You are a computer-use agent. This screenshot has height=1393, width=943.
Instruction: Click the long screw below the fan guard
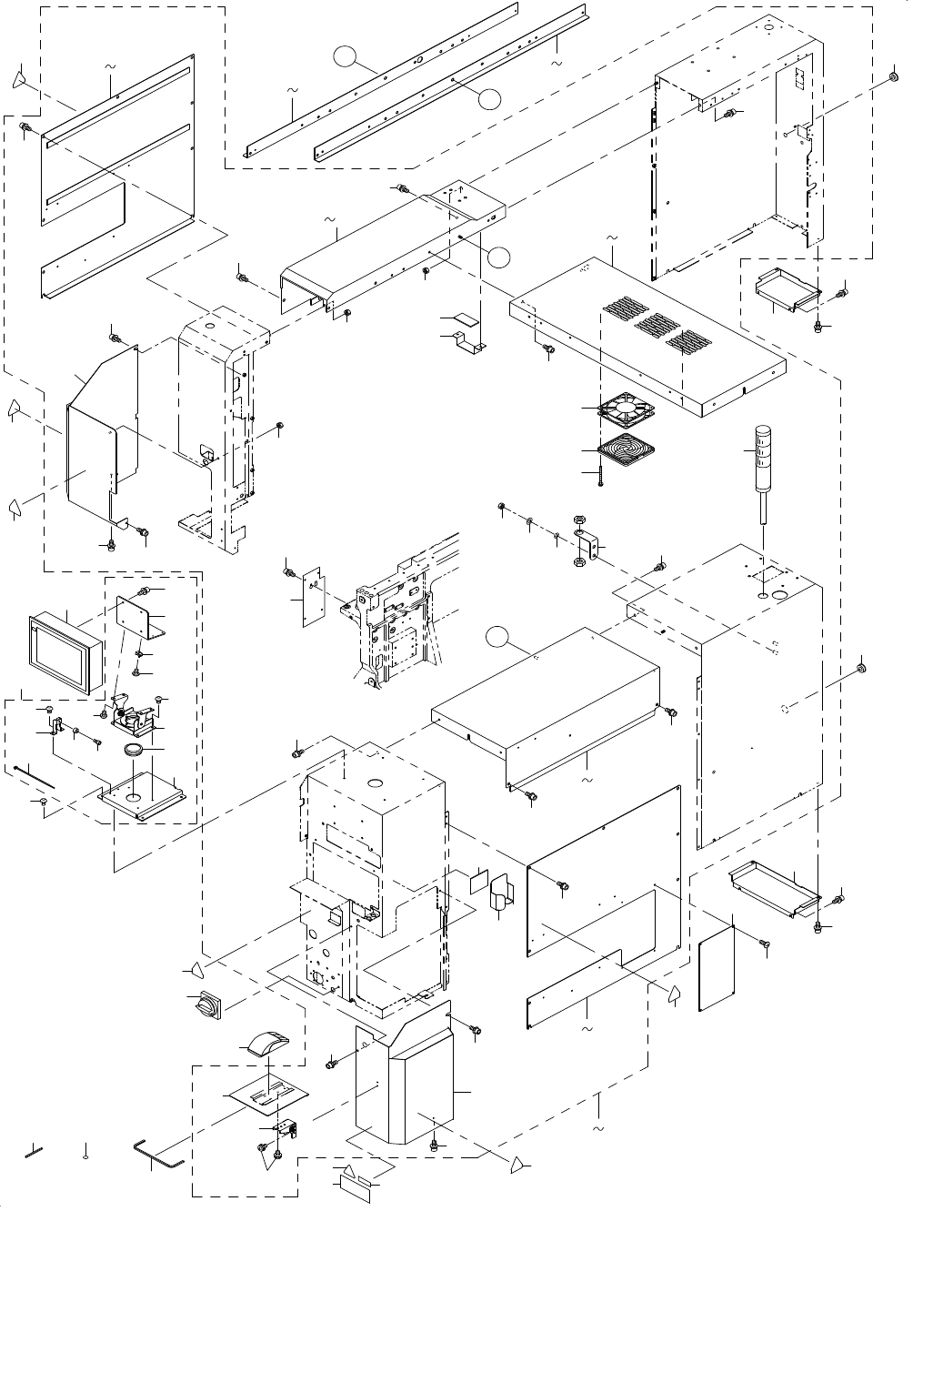602,476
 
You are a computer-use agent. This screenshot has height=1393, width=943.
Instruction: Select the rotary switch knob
204,1005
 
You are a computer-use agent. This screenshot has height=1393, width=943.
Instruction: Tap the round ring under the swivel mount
133,750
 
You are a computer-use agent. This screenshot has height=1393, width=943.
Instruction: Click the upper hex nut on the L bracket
579,523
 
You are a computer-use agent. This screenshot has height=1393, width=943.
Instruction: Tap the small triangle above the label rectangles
342,1168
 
